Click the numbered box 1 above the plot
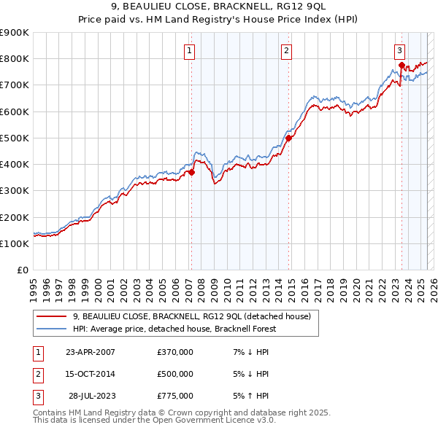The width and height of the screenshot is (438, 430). pos(190,50)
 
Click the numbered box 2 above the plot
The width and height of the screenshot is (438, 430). pos(287,50)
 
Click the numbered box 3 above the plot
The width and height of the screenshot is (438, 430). pos(400,50)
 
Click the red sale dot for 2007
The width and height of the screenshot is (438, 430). pos(191,172)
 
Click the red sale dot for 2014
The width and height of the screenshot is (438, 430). pos(288,138)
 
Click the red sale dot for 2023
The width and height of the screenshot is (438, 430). pos(401,65)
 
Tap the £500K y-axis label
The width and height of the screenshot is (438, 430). pos(15,138)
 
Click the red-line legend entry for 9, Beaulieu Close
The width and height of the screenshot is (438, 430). pos(192,316)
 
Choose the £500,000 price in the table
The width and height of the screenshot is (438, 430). pos(175,374)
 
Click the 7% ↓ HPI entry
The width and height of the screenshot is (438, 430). pos(251,352)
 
